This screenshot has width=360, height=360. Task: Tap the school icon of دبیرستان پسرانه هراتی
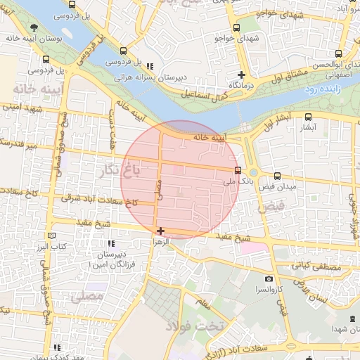tap(150, 67)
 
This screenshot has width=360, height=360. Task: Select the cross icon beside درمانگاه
tap(241, 74)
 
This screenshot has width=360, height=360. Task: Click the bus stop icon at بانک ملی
tap(238, 170)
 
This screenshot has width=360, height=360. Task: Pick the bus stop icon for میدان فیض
tap(277, 176)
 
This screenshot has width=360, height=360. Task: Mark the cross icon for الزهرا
tap(161, 231)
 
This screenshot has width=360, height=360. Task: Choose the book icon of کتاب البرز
tap(50, 236)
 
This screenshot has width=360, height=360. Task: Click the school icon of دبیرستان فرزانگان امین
tap(111, 243)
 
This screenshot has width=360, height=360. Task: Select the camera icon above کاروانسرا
tap(268, 279)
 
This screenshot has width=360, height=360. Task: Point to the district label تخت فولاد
tap(194, 326)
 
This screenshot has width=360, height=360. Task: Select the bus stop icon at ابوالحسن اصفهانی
tap(339, 53)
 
